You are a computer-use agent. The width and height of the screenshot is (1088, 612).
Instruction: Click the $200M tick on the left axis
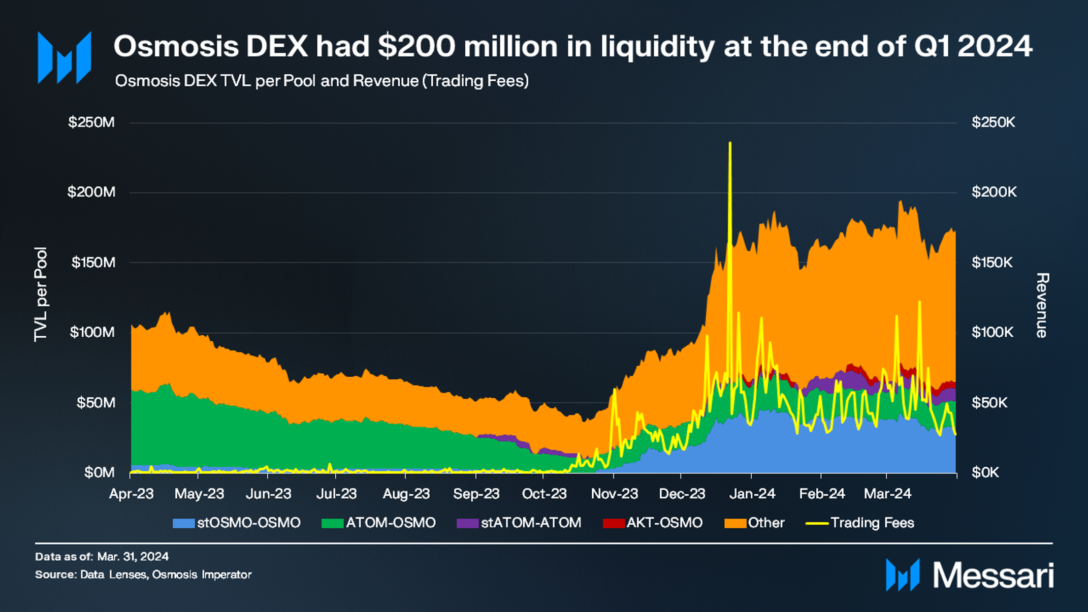[x=91, y=192]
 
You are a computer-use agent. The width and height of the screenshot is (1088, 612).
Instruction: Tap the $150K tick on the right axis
[x=992, y=263]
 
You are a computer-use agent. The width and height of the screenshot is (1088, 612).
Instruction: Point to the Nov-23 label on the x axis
[x=614, y=494]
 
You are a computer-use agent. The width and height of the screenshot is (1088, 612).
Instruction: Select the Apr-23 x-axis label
[x=131, y=494]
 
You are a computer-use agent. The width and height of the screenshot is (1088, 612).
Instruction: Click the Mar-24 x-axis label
[x=887, y=494]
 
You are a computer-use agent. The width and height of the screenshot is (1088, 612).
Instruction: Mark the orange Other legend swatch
[x=735, y=523]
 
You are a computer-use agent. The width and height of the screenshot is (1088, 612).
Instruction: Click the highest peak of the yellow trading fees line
[x=730, y=143]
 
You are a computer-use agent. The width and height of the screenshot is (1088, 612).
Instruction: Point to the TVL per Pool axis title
[x=41, y=294]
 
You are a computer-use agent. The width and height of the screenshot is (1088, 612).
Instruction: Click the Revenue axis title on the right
[x=1042, y=305]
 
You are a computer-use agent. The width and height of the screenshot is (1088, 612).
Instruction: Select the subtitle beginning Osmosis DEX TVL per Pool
[x=322, y=81]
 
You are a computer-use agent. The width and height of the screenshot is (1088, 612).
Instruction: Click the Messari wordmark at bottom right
[x=993, y=576]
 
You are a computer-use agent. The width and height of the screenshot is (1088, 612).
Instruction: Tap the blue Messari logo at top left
[x=65, y=57]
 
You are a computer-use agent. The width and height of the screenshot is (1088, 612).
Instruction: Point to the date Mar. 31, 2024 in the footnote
[x=133, y=557]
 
